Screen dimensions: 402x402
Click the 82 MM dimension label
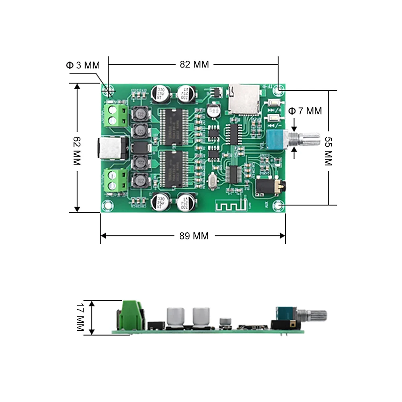(194, 64)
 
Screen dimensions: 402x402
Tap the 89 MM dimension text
(194, 236)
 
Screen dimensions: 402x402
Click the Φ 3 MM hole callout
(83, 65)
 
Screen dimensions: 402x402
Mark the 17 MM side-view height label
(80, 318)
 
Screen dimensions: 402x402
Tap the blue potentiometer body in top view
(277, 141)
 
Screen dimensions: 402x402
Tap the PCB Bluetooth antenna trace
(230, 205)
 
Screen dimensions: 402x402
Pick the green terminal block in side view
(129, 314)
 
